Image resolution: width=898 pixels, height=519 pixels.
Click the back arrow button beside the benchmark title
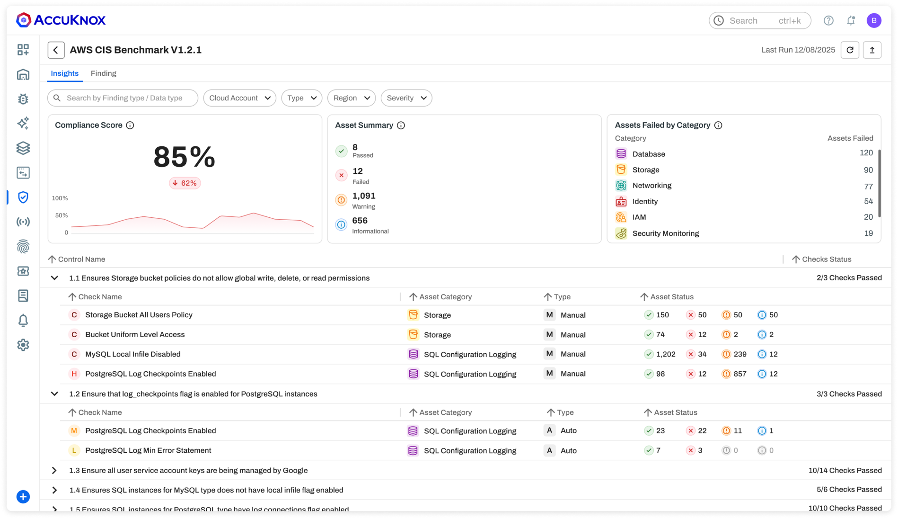(56, 50)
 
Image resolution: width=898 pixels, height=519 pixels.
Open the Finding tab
(103, 73)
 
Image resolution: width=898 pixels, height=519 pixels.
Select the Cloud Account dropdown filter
(239, 98)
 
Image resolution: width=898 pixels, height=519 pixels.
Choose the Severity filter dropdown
(406, 98)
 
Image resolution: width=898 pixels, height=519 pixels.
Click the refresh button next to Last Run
(850, 50)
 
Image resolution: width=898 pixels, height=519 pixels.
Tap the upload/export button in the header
(872, 50)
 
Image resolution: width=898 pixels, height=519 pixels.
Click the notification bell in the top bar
(851, 20)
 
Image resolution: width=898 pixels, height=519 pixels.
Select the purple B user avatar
(874, 20)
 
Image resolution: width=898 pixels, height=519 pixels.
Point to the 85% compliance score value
(184, 157)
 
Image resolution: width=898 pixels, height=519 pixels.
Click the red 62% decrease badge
(185, 183)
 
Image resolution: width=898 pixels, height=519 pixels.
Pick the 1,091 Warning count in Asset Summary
(364, 196)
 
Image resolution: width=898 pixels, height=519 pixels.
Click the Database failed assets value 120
(866, 153)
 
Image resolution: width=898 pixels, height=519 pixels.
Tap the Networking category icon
(621, 186)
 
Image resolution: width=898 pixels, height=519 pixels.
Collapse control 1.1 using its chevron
(54, 278)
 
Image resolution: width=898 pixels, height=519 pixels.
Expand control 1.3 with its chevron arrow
(54, 470)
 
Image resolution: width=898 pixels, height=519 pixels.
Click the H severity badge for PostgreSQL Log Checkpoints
(74, 374)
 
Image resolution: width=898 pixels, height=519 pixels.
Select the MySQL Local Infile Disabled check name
(132, 354)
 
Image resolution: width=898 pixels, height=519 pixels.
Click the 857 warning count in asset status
(740, 374)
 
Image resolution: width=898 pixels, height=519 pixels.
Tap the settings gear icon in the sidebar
(23, 345)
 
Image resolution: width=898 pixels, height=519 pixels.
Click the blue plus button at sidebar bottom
(23, 497)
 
